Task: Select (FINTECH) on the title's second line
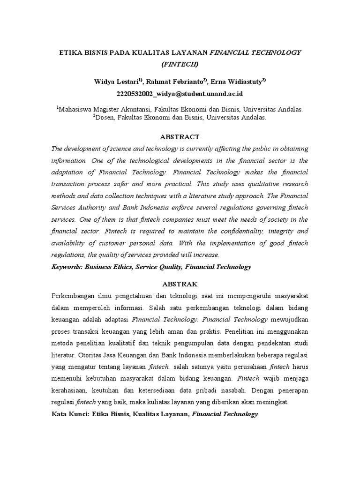pos(180,64)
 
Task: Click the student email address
pos(180,93)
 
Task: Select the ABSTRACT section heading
pos(180,137)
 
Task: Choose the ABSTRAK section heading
pos(180,284)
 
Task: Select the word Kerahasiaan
pos(69,390)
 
